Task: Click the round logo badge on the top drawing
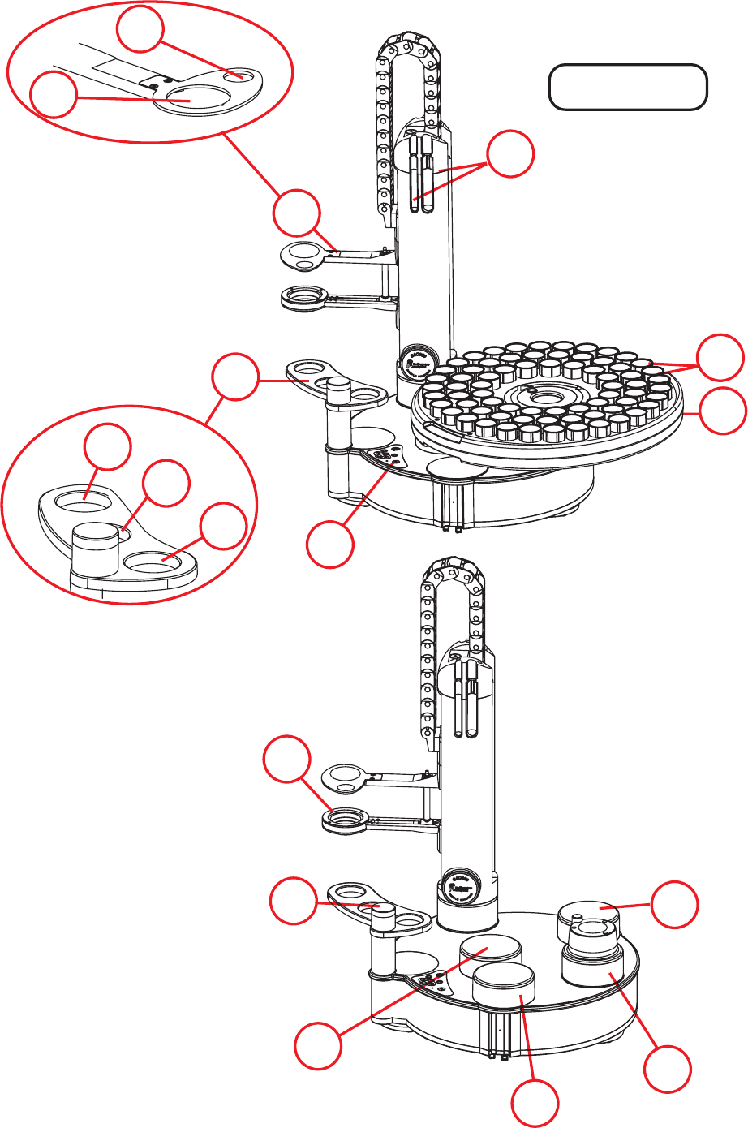point(413,360)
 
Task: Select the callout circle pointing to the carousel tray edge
point(723,410)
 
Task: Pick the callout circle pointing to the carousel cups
point(721,356)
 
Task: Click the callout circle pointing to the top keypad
point(330,545)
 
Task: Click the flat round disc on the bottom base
point(490,949)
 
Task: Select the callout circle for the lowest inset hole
point(224,527)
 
